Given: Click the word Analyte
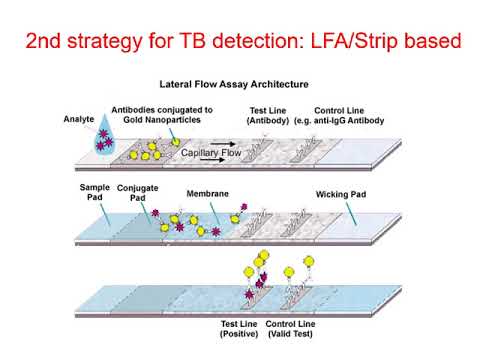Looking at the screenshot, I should point(79,118).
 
